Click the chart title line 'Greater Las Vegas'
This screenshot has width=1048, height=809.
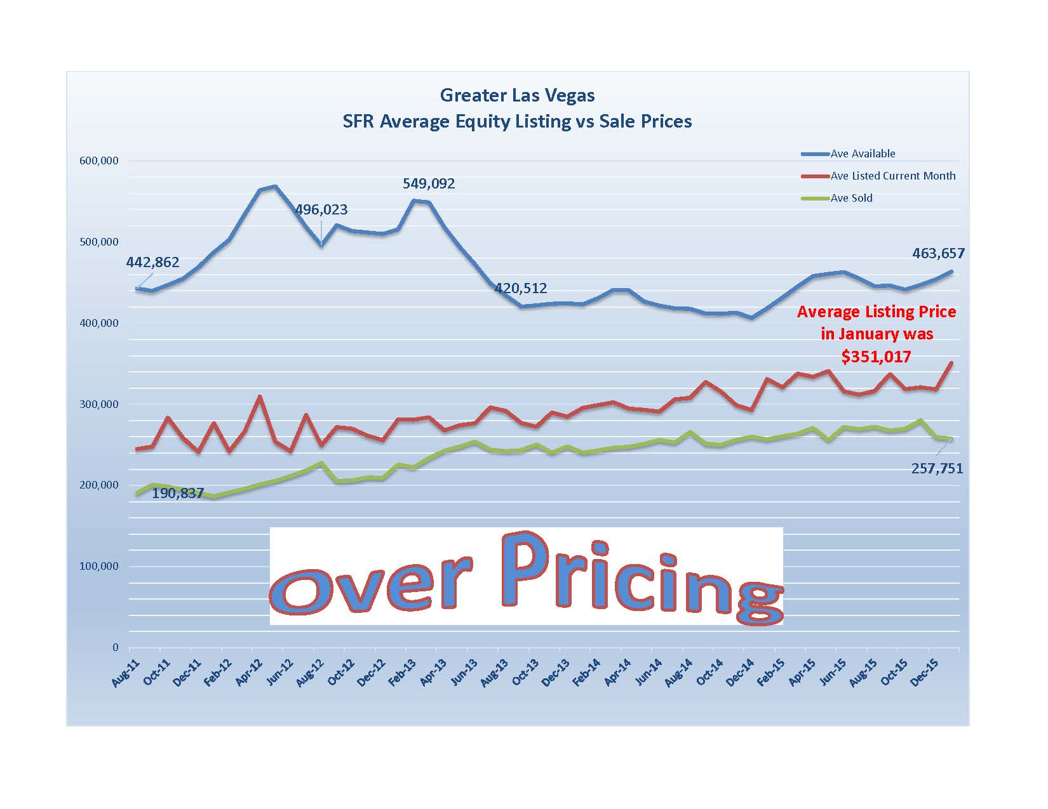coord(517,96)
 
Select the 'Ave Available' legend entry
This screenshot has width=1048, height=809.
coord(863,154)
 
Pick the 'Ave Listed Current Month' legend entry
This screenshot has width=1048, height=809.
coord(892,176)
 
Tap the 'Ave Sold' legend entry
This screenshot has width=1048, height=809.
coord(851,198)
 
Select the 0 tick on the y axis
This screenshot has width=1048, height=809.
coord(115,647)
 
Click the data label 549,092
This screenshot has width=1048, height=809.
coord(429,184)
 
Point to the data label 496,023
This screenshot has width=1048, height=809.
coord(321,210)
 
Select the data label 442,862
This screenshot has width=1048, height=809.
coord(152,262)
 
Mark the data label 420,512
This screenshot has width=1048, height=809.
coord(520,289)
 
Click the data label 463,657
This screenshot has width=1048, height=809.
coord(938,254)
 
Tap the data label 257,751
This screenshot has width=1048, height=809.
coord(937,469)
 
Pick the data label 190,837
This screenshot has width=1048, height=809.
coord(177,493)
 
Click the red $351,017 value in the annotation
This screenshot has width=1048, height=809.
coord(876,357)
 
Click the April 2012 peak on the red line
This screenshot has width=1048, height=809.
coord(259,397)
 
